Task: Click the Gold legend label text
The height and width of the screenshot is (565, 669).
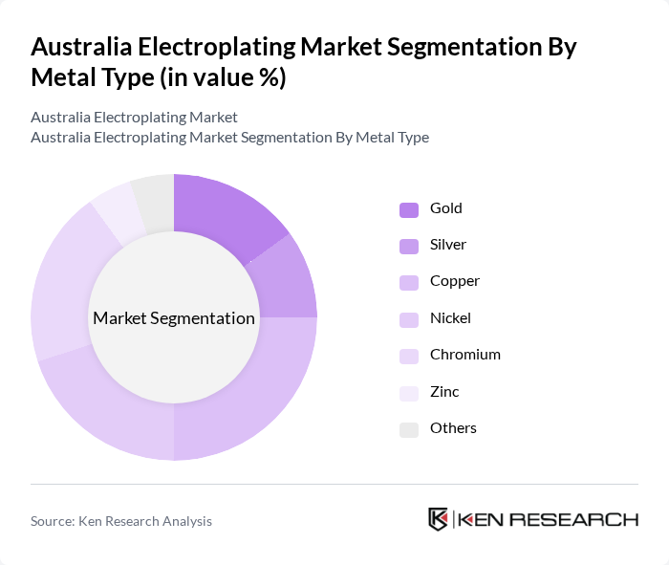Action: tap(446, 208)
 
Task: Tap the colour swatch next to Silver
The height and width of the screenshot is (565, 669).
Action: tap(409, 246)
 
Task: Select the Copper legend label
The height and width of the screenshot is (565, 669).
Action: tap(454, 281)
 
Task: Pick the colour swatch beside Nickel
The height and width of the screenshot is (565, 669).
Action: tap(409, 319)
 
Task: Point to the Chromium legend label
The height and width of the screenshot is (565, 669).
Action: tap(465, 355)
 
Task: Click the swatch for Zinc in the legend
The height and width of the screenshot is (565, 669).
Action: tap(409, 393)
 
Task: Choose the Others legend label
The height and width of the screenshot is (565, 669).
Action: tap(453, 428)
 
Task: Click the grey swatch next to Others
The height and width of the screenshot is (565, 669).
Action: tap(409, 429)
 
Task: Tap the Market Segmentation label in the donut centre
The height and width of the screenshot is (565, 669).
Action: tap(174, 318)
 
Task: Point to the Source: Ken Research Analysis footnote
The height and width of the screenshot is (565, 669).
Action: tap(121, 521)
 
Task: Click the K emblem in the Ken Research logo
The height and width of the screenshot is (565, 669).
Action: tap(438, 519)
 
